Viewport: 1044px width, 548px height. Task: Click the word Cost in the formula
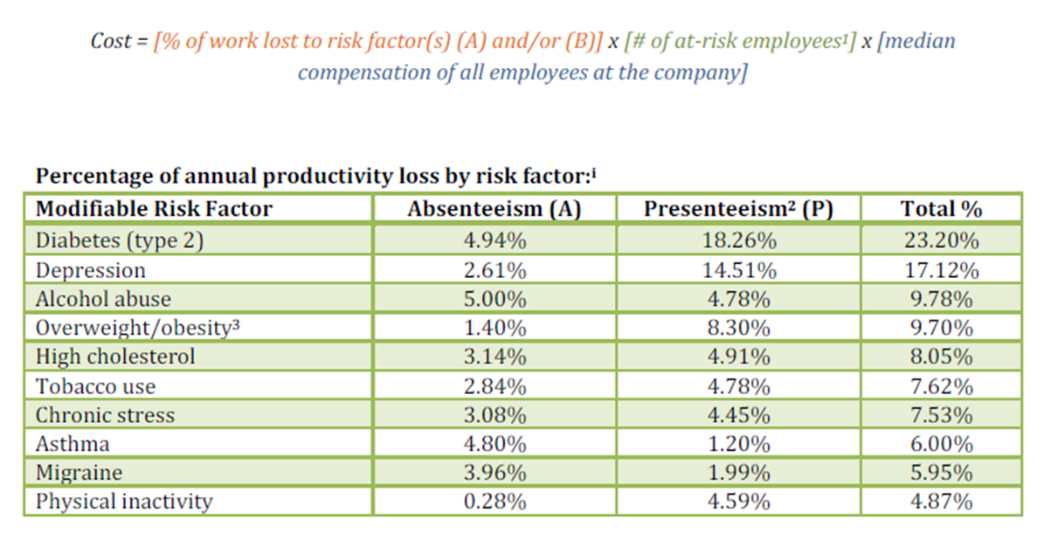[x=111, y=41]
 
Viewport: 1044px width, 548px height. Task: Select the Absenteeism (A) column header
[x=494, y=208]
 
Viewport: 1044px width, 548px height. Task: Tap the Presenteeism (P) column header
[x=737, y=208]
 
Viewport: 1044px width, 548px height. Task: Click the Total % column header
[x=941, y=208]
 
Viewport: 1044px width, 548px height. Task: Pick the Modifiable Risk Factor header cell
[x=154, y=208]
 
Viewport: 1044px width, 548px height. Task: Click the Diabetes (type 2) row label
[x=119, y=240]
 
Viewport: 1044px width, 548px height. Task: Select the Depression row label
[x=90, y=270]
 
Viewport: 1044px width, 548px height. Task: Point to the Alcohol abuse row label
[x=103, y=299]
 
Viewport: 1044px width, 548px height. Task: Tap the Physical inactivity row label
[x=123, y=502]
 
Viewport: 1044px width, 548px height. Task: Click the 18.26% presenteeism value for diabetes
[x=737, y=240]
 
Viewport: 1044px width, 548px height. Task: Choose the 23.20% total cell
[x=941, y=240]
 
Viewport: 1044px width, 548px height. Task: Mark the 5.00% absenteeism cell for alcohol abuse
[x=494, y=299]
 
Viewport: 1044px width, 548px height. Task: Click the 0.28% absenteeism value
[x=494, y=502]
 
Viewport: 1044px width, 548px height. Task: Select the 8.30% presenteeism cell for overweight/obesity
[x=737, y=328]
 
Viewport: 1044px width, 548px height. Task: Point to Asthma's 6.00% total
[x=941, y=444]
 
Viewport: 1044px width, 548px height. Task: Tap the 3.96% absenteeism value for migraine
[x=494, y=473]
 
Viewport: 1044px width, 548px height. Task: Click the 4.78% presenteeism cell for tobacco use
[x=737, y=385]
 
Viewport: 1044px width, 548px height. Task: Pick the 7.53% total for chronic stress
[x=941, y=415]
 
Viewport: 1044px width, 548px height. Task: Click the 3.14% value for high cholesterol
[x=494, y=357]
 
